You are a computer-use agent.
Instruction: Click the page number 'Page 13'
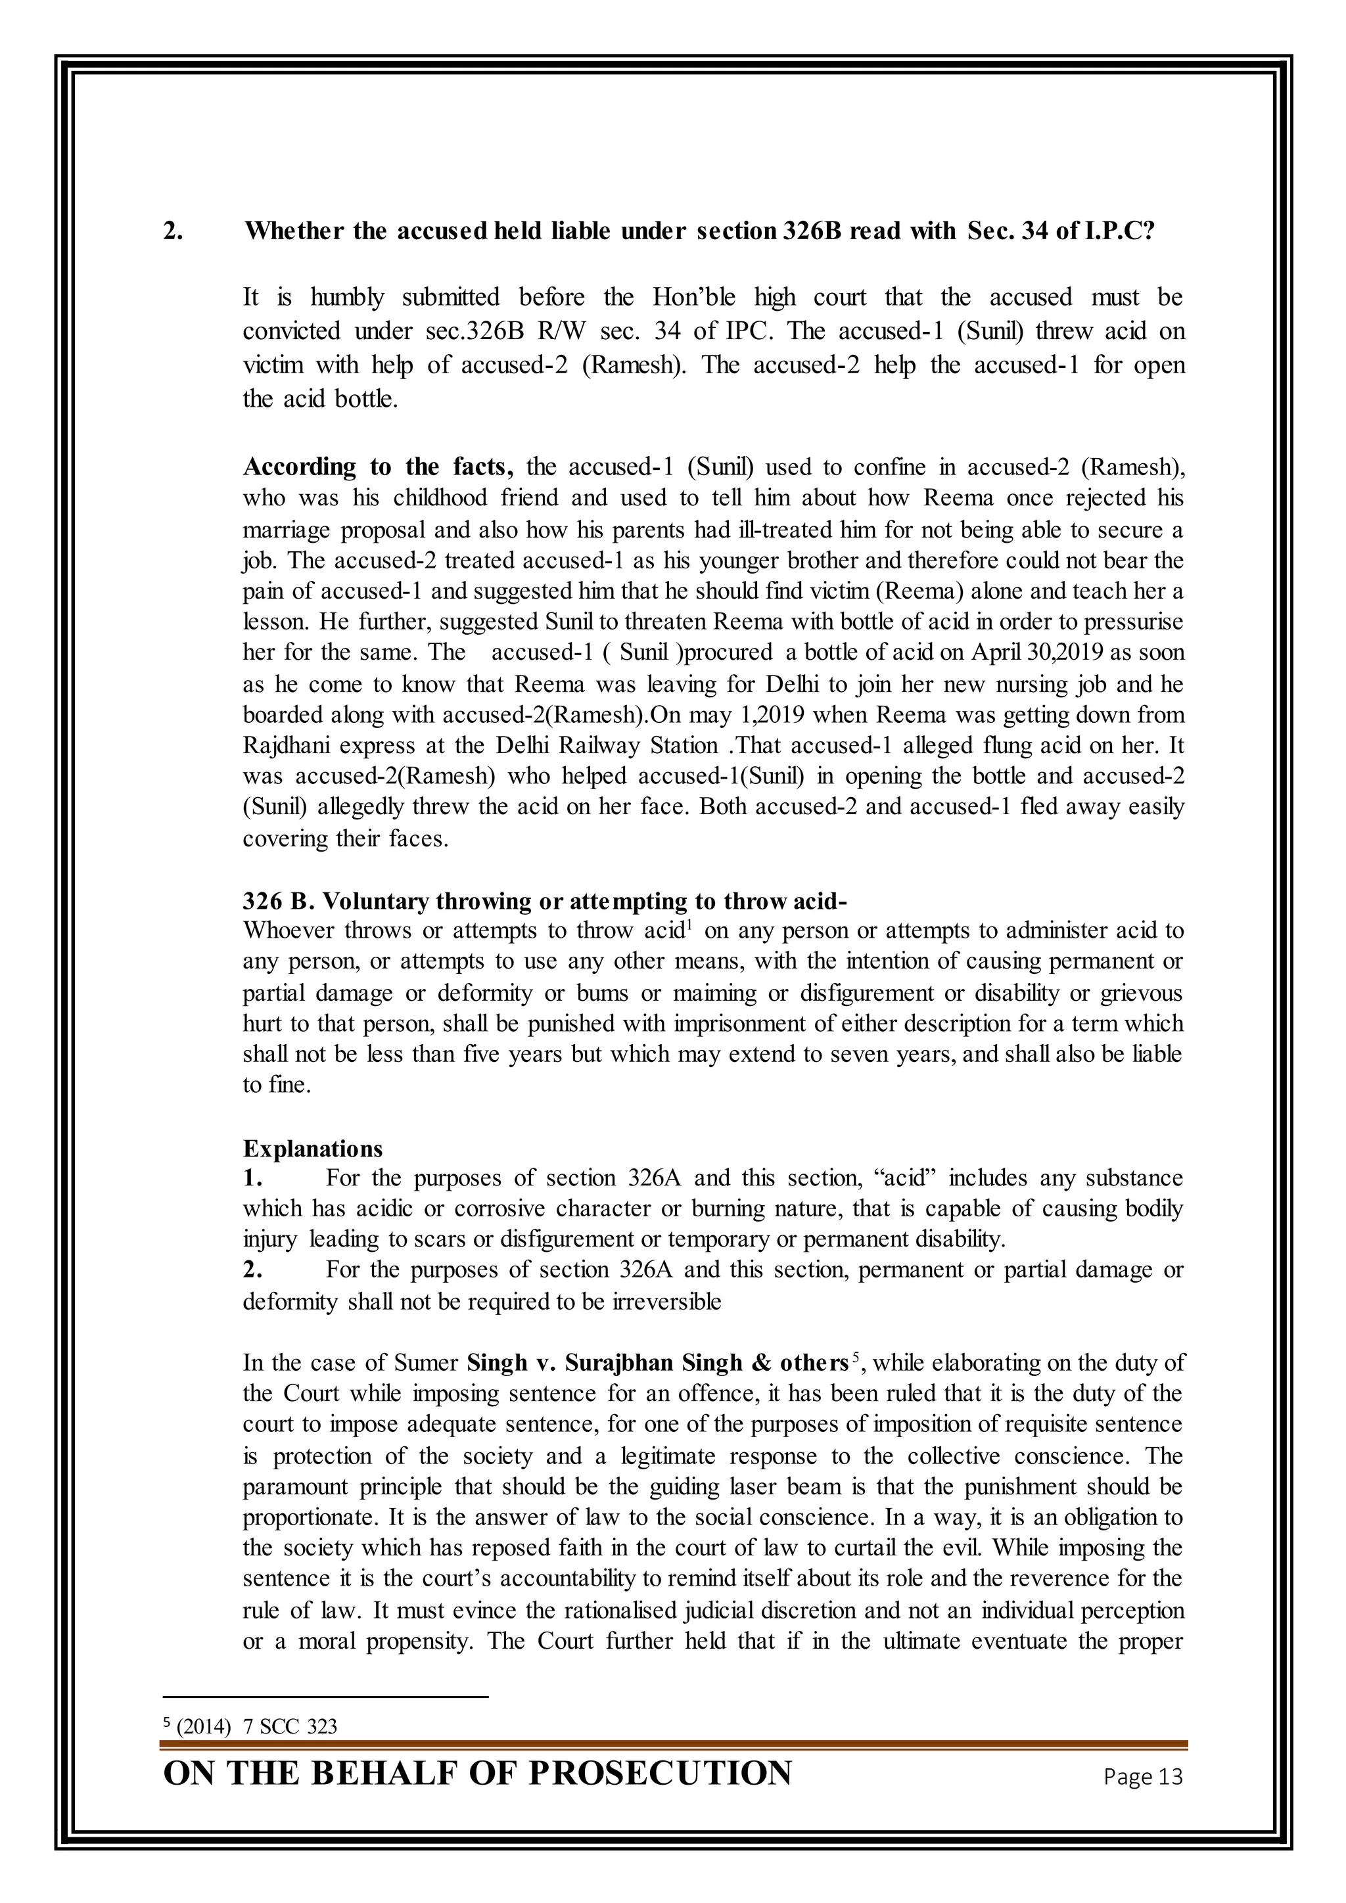tap(1143, 1776)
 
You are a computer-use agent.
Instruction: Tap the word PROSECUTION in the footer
tap(660, 1774)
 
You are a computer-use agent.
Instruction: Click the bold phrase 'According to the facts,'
tap(378, 467)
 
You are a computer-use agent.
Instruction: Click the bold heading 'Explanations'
tap(312, 1149)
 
